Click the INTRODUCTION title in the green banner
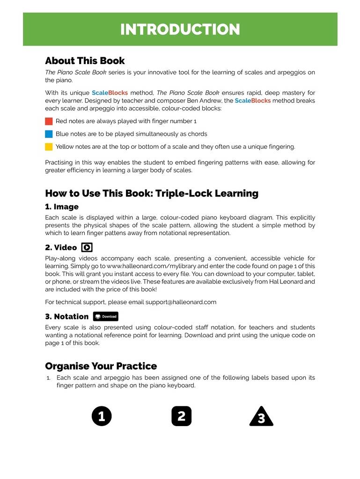tap(180, 29)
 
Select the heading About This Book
tap(85, 61)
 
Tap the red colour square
tap(49, 121)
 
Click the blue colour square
tap(49, 134)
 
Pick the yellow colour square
tap(49, 146)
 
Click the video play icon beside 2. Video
tap(87, 247)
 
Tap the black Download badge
tap(105, 316)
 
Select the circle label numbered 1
tap(102, 416)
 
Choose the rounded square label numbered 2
tap(181, 416)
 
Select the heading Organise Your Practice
tap(101, 366)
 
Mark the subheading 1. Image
tap(62, 207)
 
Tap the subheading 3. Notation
tap(66, 316)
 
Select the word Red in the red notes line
tap(61, 121)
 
